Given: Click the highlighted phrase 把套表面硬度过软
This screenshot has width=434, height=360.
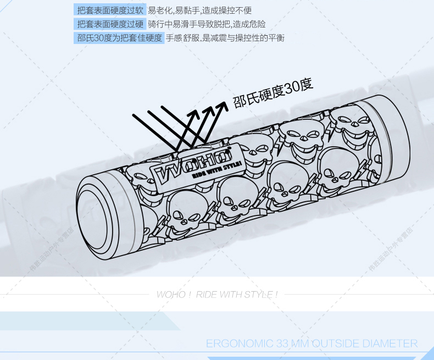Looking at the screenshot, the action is tap(110, 10).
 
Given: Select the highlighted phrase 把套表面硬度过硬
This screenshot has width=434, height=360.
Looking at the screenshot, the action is tap(110, 24).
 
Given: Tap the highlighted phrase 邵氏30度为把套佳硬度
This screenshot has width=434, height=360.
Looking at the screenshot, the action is tap(119, 38).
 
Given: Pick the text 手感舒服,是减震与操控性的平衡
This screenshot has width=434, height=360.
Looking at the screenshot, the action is tap(225, 38).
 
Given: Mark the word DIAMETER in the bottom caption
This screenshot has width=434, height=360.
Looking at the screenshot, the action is tap(392, 344).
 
